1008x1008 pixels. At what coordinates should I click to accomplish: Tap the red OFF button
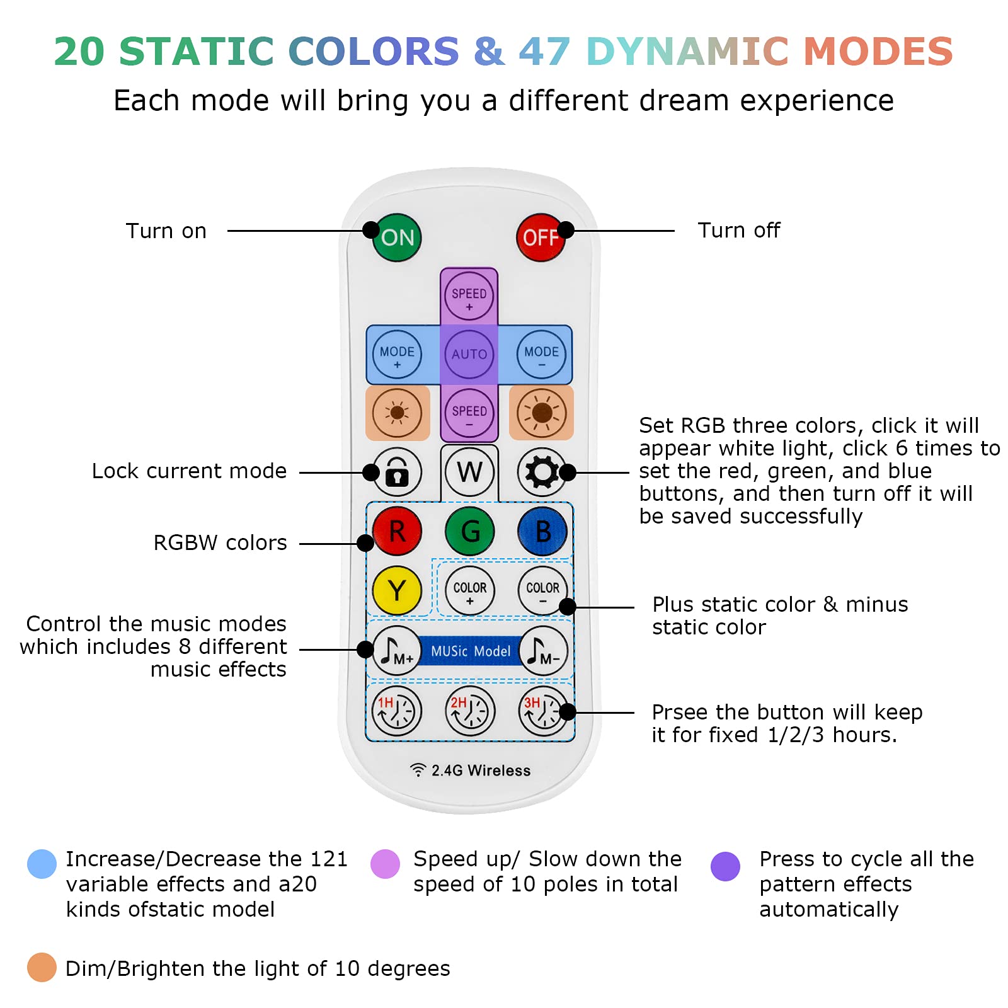(x=541, y=238)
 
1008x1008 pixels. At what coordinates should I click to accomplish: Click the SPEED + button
(x=469, y=297)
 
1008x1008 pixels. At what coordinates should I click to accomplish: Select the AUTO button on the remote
(x=469, y=354)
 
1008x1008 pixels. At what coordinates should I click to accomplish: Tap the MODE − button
(x=542, y=354)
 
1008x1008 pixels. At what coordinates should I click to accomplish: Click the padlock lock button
(x=397, y=472)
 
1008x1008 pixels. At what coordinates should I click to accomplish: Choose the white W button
(x=470, y=472)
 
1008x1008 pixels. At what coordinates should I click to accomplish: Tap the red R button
(x=397, y=531)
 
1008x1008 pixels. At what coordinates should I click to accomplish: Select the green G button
(x=470, y=531)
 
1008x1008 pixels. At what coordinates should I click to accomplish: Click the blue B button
(x=542, y=531)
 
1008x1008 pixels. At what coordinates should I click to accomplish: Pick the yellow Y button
(x=397, y=590)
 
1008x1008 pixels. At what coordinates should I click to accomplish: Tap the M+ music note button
(x=397, y=650)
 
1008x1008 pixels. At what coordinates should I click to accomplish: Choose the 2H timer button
(x=470, y=711)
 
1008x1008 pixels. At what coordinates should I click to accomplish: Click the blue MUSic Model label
(x=471, y=651)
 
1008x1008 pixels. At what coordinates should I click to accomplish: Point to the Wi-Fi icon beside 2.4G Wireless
(x=418, y=770)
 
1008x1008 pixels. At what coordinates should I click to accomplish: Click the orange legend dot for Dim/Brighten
(x=42, y=967)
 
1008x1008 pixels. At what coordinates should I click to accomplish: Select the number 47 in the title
(x=545, y=52)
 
